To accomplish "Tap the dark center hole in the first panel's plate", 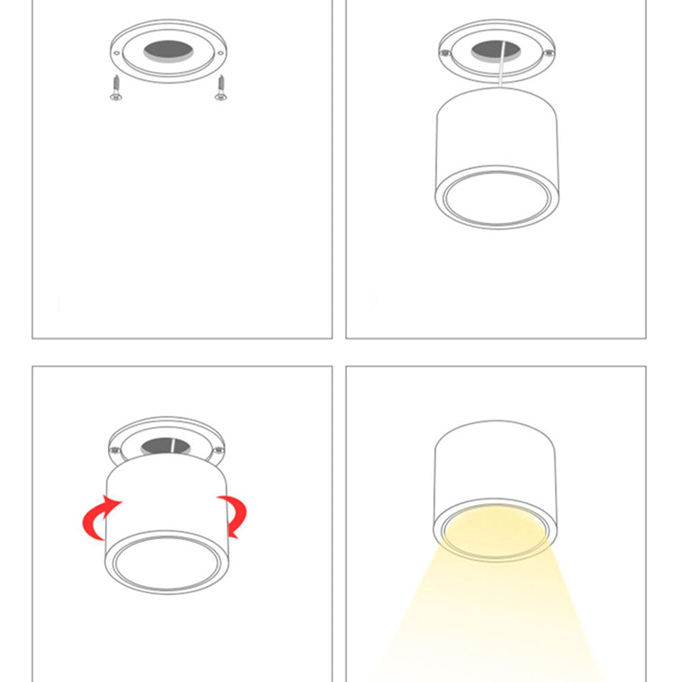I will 168,49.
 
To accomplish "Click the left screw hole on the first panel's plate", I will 117,53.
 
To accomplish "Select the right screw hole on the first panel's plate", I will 220,53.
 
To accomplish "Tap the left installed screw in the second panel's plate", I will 445,53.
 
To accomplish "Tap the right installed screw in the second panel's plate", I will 547,53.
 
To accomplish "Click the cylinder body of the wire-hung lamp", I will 496,133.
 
